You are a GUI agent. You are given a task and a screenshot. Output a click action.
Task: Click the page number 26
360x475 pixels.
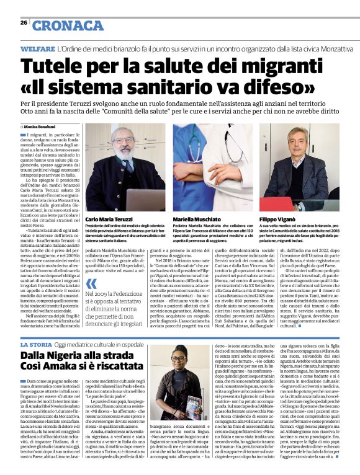[x=23, y=22]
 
